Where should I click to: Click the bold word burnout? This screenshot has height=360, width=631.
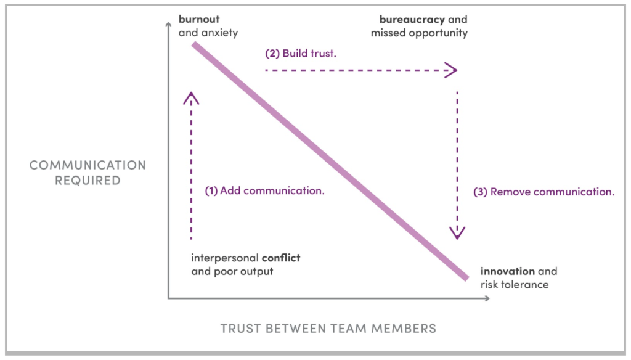click(199, 19)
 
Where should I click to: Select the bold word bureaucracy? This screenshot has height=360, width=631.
click(412, 19)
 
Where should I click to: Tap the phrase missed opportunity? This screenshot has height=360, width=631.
click(419, 33)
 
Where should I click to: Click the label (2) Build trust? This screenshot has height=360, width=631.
click(301, 53)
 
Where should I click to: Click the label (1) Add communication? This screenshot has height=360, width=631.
click(264, 190)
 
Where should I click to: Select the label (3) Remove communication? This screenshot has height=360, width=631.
click(543, 192)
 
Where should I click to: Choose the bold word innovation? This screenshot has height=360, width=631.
click(507, 271)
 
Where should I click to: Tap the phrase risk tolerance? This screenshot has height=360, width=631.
click(514, 285)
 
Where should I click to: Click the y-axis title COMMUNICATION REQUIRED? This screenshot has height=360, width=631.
click(88, 173)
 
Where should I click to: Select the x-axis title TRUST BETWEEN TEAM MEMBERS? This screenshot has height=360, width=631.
click(328, 329)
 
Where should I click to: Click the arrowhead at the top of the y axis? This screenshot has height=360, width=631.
click(168, 25)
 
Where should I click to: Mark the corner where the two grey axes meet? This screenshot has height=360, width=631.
click(168, 299)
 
